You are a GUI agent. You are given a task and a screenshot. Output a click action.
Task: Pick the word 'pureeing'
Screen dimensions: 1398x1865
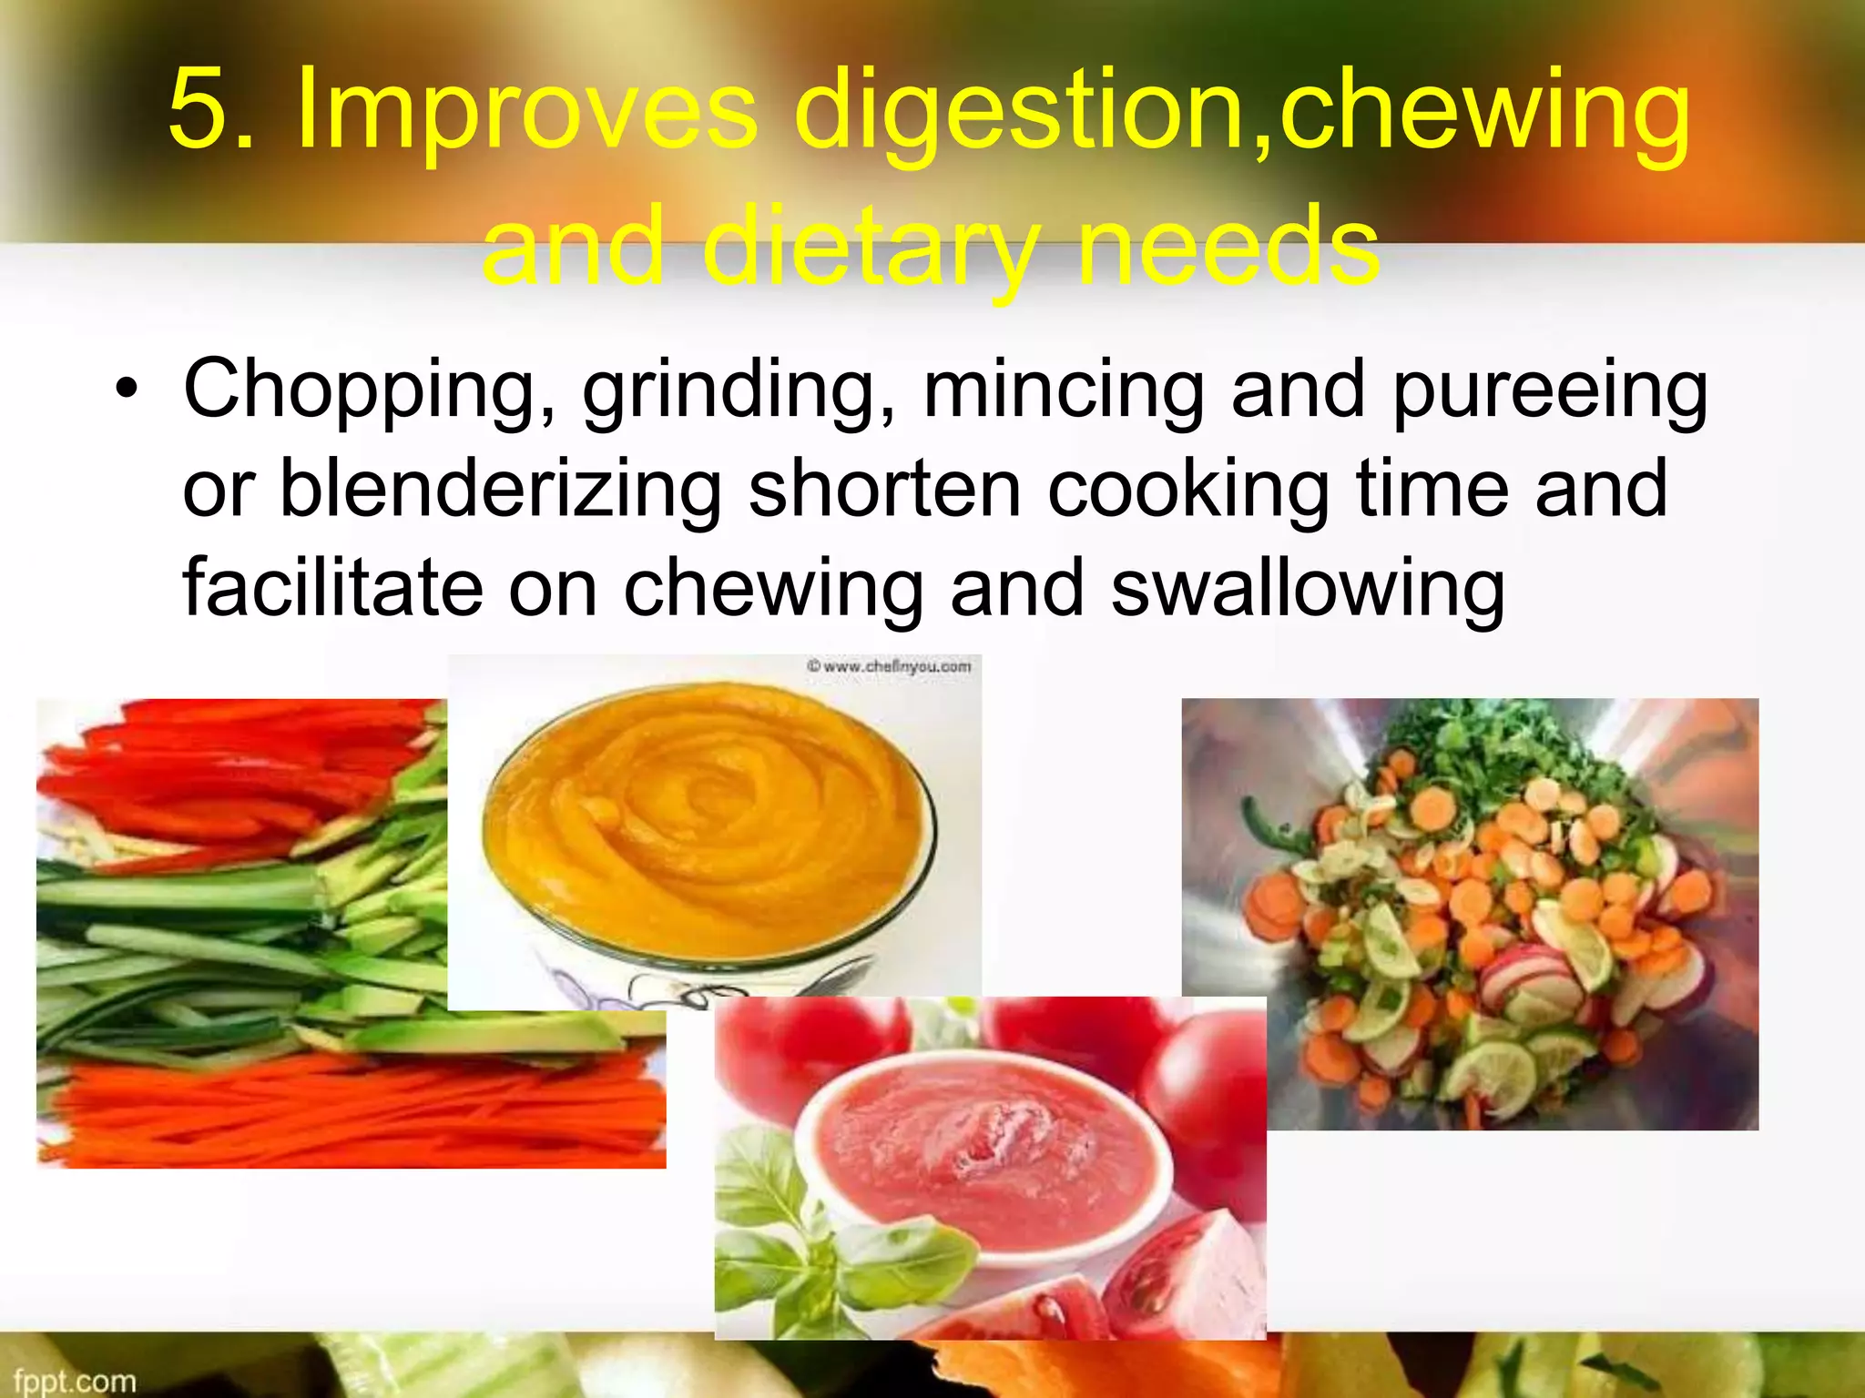point(1550,391)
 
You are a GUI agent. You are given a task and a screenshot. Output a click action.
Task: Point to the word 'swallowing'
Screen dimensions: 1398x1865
point(1308,589)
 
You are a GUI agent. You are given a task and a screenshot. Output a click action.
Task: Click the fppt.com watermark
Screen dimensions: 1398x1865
point(75,1381)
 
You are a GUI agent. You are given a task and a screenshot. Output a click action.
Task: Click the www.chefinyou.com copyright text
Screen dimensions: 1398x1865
point(889,667)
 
